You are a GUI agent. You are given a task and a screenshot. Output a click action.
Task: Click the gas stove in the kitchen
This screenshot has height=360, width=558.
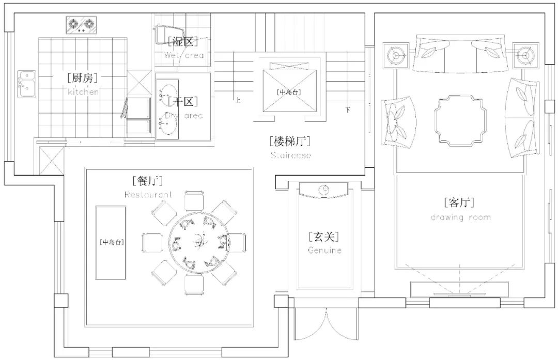[x=82, y=24]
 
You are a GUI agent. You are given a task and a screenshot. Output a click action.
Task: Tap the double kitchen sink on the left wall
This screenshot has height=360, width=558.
[x=26, y=83]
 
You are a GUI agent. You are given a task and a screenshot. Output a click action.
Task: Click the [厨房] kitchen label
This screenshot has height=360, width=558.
[x=83, y=78]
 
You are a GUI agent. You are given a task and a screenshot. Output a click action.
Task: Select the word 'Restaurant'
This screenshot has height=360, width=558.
[x=148, y=195]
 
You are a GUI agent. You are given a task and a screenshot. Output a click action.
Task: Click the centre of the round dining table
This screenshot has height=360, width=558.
[x=199, y=241]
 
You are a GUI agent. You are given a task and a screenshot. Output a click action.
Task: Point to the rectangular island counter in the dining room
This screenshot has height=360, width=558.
[x=111, y=242]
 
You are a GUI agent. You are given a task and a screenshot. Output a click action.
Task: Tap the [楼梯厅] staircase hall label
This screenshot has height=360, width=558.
[x=290, y=141]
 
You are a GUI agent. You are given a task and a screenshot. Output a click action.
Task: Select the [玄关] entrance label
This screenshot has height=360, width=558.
[x=324, y=237]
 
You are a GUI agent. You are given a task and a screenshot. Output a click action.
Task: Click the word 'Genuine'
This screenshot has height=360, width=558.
[x=324, y=250]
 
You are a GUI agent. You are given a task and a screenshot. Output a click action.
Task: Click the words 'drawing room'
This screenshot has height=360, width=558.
[x=461, y=217]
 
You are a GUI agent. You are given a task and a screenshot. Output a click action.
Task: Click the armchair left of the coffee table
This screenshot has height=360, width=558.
[x=400, y=122]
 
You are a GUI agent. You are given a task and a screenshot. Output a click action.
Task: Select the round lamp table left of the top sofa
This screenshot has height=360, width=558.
[x=396, y=54]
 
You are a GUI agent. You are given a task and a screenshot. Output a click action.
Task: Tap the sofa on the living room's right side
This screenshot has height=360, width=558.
[x=524, y=118]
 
